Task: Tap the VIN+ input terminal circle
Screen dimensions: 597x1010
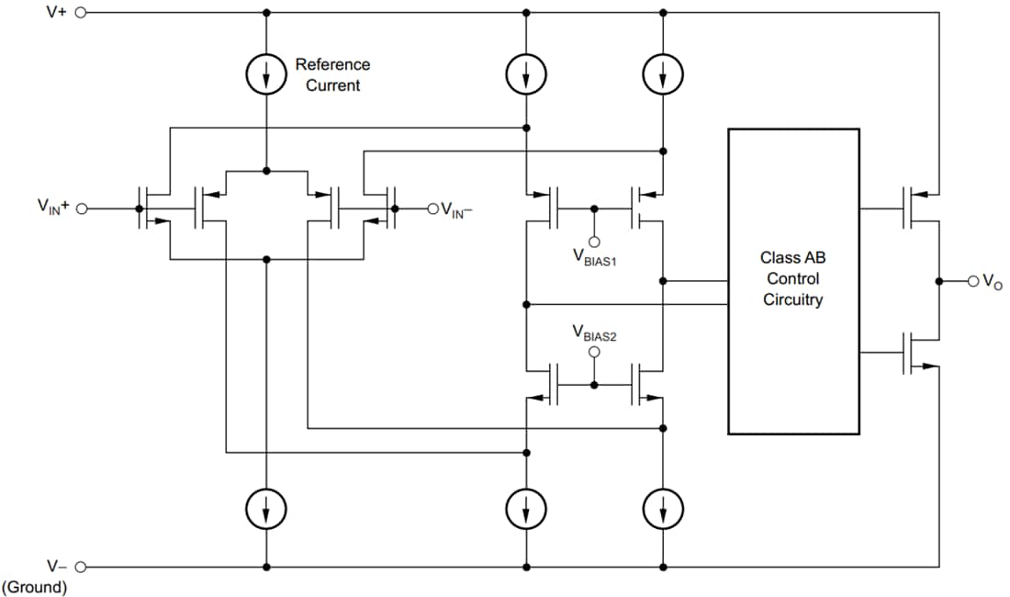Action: pos(81,208)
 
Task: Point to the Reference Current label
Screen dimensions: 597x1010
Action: pos(332,75)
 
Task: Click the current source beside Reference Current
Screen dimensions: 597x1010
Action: pos(266,77)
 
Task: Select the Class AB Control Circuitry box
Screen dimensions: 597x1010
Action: pos(793,280)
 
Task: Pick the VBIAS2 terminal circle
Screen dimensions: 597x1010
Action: pos(594,353)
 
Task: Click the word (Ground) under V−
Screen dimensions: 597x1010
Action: pos(35,588)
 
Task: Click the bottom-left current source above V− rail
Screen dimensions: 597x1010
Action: pos(266,506)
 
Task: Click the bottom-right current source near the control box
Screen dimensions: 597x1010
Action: pos(662,506)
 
